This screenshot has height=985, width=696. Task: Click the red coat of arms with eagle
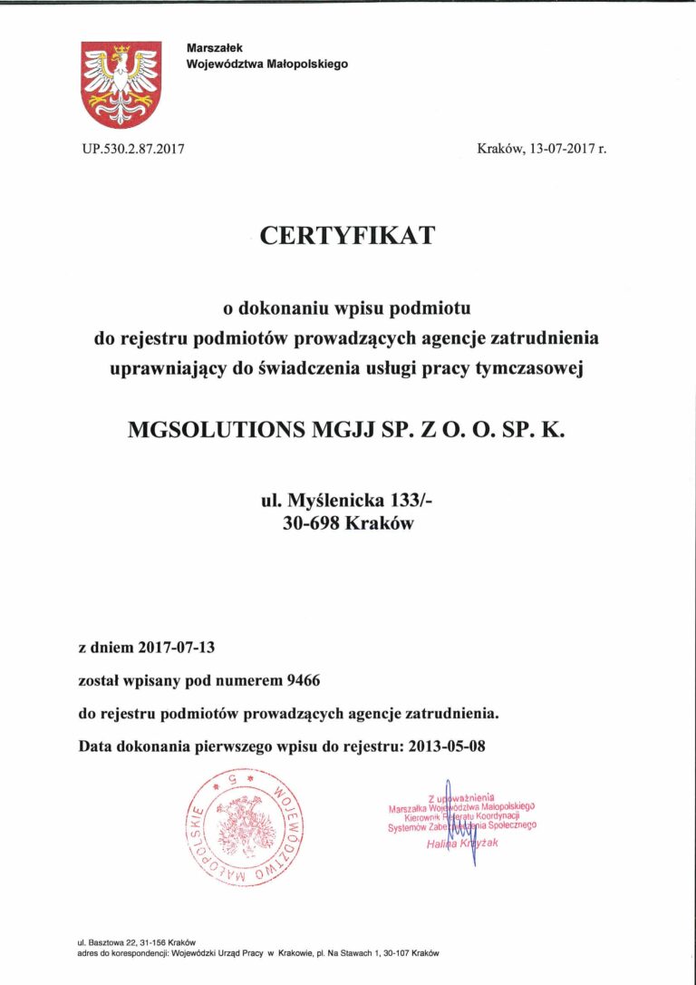tap(121, 84)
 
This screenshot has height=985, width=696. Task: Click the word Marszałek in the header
tap(214, 47)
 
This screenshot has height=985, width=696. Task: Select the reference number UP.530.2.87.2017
tap(133, 148)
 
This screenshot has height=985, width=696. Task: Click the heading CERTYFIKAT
tap(347, 236)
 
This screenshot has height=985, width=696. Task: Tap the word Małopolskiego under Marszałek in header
tap(301, 64)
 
